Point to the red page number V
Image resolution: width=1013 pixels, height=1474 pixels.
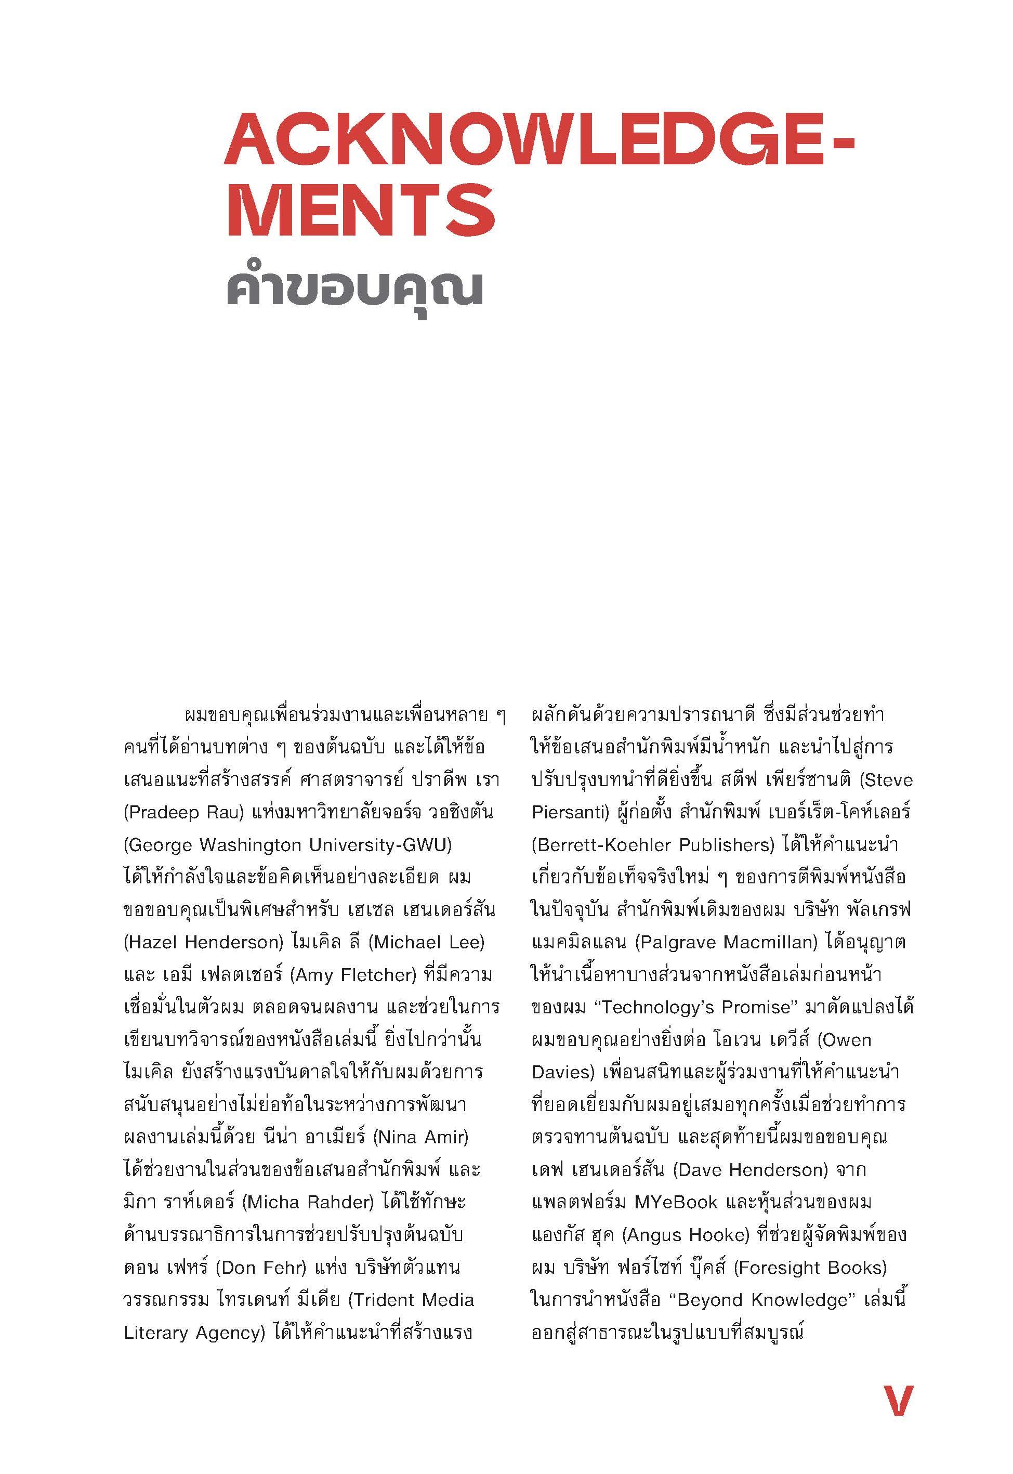pos(898,1401)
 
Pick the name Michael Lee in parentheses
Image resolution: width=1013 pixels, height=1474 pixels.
pos(428,943)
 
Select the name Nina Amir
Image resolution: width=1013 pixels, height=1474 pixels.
pos(422,1138)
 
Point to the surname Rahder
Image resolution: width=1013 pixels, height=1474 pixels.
pos(340,1203)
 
